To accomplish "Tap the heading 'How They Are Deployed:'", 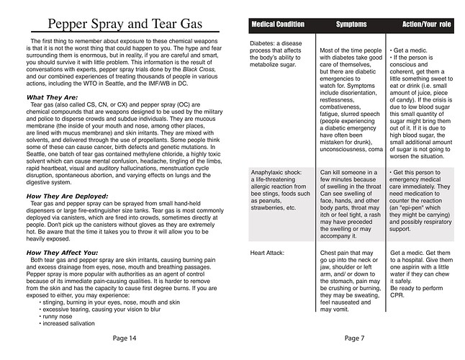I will pyautogui.click(x=67, y=196).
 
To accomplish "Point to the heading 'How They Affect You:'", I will pyautogui.click(x=63, y=253).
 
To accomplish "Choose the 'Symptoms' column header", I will pyautogui.click(x=352, y=25).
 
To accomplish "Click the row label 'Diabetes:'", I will pyautogui.click(x=266, y=43).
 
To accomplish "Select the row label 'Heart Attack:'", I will pyautogui.click(x=268, y=253).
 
